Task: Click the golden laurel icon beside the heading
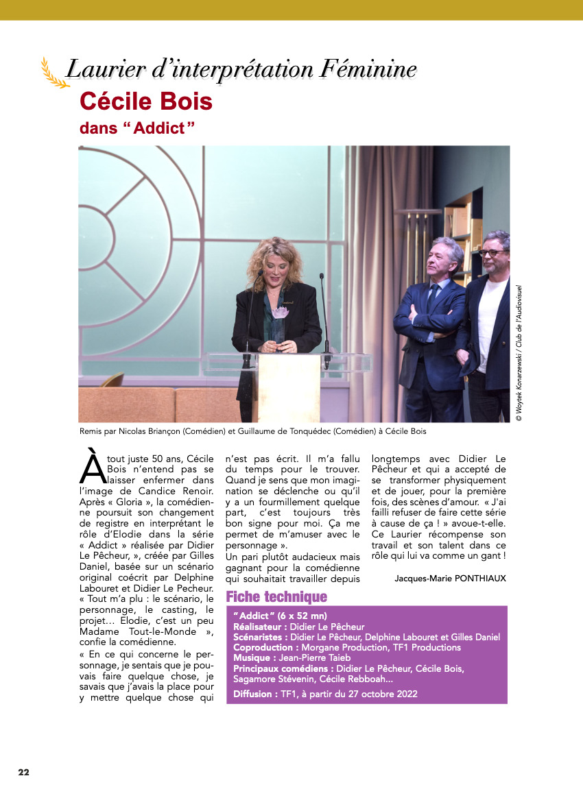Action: click(53, 73)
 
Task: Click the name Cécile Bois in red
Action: click(146, 102)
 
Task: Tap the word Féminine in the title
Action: click(370, 69)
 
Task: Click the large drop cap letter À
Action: click(92, 465)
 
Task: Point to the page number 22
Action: click(24, 772)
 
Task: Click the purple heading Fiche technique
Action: click(276, 597)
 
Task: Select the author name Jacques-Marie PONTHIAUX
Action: click(450, 578)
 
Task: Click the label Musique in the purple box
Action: click(252, 657)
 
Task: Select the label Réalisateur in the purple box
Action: click(259, 626)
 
